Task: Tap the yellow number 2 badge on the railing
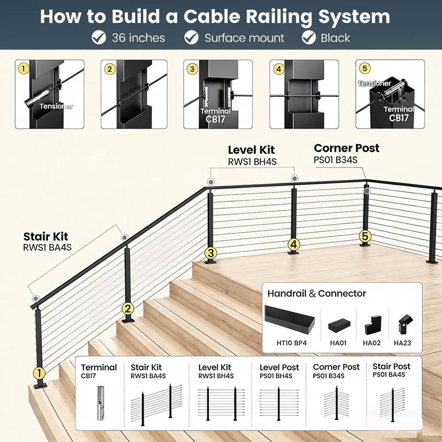[128, 309]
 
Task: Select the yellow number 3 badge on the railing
[211, 253]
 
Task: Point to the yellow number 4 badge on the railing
[293, 244]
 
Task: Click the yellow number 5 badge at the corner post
[365, 236]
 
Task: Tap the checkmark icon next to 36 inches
[99, 38]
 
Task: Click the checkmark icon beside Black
[308, 38]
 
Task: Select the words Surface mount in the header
[244, 38]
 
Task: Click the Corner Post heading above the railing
[347, 148]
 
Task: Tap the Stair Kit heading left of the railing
[46, 237]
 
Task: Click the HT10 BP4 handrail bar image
[289, 319]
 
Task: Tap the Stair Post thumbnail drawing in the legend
[392, 403]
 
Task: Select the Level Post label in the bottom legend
[279, 367]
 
